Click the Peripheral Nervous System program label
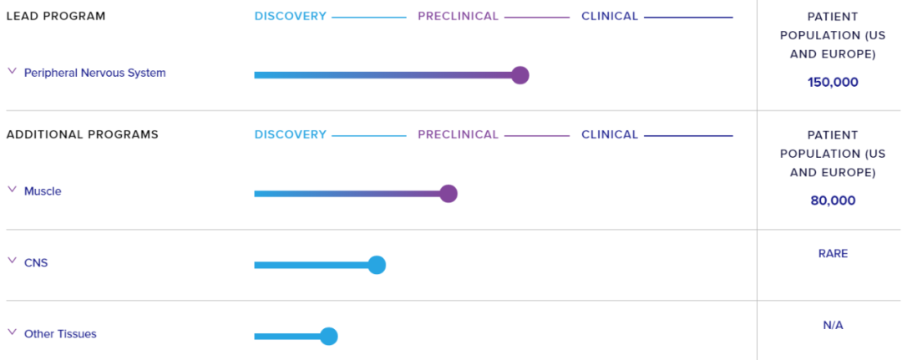point(95,73)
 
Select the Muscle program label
point(43,191)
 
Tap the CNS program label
point(36,263)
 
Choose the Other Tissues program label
point(60,333)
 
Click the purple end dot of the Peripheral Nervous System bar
point(520,75)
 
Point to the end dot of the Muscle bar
point(448,194)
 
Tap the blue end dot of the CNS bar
point(376,265)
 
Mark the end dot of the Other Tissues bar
point(328,337)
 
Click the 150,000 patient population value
point(833,82)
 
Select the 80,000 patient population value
point(833,200)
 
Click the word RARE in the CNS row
point(833,254)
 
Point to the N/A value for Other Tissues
point(833,326)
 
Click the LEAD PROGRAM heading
point(56,16)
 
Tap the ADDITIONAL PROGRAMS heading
point(82,134)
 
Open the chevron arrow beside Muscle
point(12,190)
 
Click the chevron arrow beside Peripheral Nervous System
point(12,71)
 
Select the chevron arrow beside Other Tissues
point(12,332)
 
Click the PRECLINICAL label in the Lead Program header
point(458,16)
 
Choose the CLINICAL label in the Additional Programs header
point(610,134)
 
